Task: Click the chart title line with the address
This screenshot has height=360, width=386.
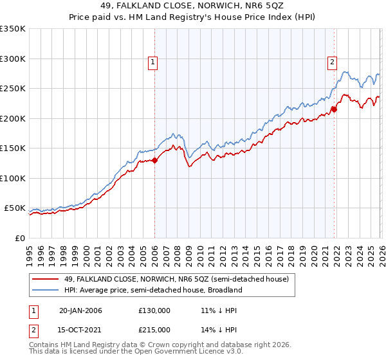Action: point(193,6)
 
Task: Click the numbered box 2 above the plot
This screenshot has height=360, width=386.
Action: point(332,62)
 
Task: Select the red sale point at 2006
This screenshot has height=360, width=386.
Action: point(154,161)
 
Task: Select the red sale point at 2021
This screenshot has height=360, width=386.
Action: point(334,109)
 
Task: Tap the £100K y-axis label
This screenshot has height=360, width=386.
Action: point(13,178)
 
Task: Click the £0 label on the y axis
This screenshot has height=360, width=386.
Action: point(19,238)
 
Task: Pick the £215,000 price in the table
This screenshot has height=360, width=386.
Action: point(154,330)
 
